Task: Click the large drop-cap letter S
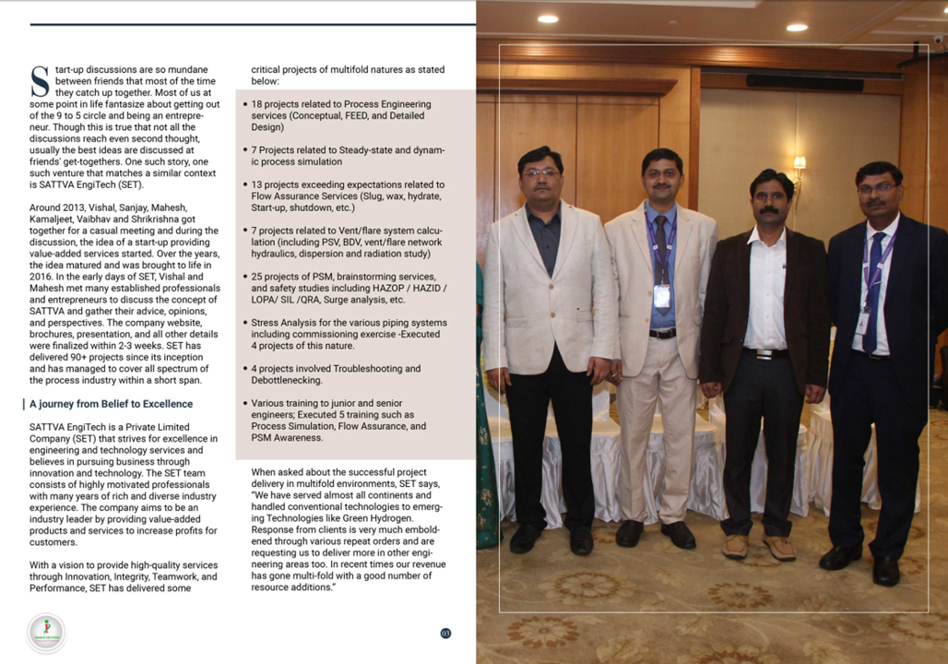pos(40,81)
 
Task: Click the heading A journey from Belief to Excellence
pos(111,404)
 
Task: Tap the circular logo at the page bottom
pos(46,633)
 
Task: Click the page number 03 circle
pos(445,633)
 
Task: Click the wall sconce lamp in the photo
pos(800,166)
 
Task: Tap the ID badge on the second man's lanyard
pos(661,295)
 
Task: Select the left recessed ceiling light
pos(548,18)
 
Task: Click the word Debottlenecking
pos(286,380)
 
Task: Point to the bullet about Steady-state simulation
pos(349,156)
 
